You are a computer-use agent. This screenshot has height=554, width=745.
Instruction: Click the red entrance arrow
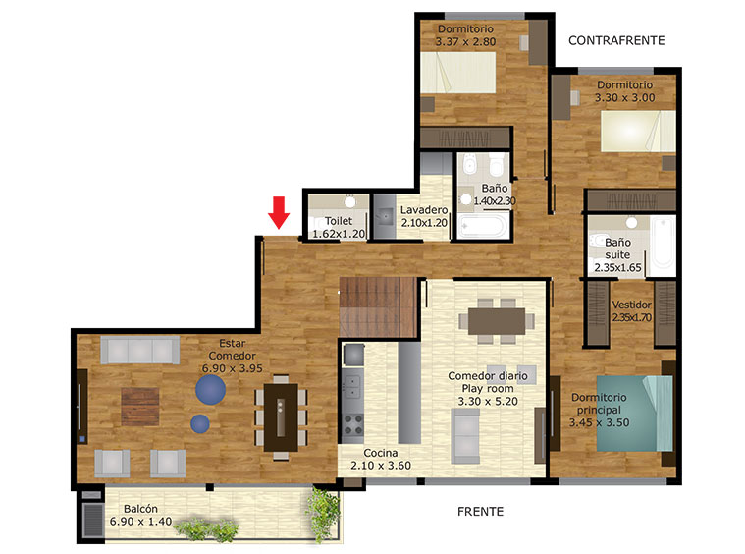279,212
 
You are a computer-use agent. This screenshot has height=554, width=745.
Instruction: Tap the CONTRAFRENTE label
616,41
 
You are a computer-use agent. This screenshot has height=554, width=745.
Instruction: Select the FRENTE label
480,512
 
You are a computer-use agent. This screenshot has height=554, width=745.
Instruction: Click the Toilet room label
339,221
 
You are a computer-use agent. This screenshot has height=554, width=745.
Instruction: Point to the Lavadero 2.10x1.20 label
424,216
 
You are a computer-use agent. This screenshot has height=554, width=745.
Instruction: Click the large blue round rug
210,389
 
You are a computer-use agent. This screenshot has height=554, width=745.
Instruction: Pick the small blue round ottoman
200,423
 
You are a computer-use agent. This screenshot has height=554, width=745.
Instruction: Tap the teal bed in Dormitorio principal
635,414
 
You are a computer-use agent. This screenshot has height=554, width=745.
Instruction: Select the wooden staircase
378,307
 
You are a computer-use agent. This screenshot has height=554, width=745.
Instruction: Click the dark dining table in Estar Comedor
281,417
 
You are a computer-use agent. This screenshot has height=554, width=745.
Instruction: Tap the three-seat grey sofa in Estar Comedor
139,350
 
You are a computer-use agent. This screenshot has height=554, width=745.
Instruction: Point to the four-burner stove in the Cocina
352,425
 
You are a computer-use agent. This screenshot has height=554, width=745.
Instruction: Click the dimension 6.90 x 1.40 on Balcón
140,522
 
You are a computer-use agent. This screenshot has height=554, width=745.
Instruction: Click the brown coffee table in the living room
140,407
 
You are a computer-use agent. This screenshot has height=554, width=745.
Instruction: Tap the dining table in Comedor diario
497,321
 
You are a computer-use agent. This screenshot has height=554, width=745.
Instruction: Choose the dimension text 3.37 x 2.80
465,42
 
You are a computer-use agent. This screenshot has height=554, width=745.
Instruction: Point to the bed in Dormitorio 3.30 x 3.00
638,132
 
